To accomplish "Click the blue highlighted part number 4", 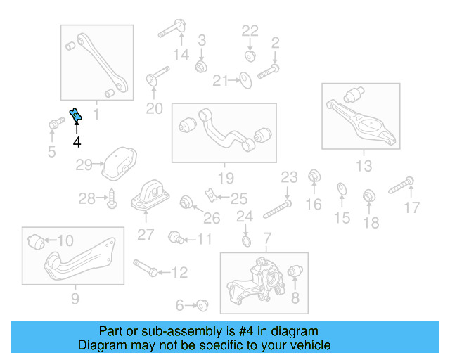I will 75,115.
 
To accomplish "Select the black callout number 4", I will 77,142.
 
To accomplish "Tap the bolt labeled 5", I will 53,124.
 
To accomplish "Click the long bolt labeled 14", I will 171,30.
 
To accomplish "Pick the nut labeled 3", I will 200,65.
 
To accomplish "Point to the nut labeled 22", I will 250,55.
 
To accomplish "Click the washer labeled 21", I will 245,80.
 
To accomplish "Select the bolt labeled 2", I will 268,70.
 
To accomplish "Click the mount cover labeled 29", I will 117,163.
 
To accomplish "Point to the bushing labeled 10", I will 37,241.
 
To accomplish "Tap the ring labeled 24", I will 245,243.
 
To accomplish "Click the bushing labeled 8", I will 296,271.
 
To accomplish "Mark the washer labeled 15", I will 341,188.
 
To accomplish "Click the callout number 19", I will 224,177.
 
